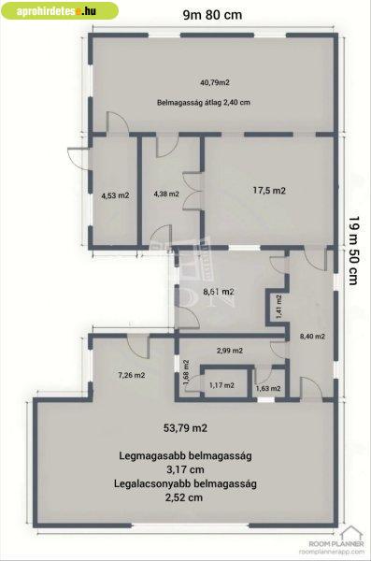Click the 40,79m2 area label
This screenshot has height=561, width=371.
pyautogui.click(x=215, y=82)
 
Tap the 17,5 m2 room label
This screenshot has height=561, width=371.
pyautogui.click(x=269, y=191)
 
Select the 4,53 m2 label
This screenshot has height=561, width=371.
pyautogui.click(x=115, y=195)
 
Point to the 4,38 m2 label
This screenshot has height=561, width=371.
pyautogui.click(x=166, y=194)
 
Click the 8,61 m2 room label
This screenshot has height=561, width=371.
pyautogui.click(x=219, y=292)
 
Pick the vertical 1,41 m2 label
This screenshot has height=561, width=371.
pyautogui.click(x=278, y=307)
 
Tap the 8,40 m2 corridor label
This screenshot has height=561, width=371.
pyautogui.click(x=312, y=337)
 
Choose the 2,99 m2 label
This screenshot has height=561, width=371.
pyautogui.click(x=230, y=351)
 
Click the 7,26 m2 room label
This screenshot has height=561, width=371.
pyautogui.click(x=132, y=375)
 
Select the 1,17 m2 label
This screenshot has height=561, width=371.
pyautogui.click(x=221, y=385)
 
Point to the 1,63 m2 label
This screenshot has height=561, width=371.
pyautogui.click(x=268, y=388)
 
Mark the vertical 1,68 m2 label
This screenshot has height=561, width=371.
pyautogui.click(x=186, y=373)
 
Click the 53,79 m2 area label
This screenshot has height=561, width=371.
pyautogui.click(x=185, y=428)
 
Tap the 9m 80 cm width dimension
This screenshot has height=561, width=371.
pyautogui.click(x=212, y=15)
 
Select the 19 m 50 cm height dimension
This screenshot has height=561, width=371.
pyautogui.click(x=353, y=250)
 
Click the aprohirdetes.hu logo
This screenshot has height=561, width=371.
pyautogui.click(x=60, y=10)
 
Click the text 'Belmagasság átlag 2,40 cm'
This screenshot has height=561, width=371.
pyautogui.click(x=203, y=102)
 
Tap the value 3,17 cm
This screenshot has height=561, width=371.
pyautogui.click(x=185, y=469)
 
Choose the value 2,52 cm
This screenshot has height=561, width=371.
pyautogui.click(x=184, y=497)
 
